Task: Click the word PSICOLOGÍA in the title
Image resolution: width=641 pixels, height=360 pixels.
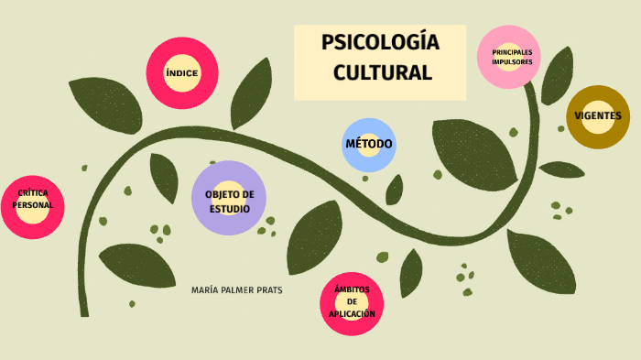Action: pyautogui.click(x=380, y=43)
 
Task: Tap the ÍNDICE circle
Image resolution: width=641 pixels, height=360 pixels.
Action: pyautogui.click(x=181, y=73)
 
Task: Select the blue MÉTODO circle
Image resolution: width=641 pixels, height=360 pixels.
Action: pyautogui.click(x=369, y=145)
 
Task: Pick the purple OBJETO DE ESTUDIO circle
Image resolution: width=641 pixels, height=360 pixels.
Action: pyautogui.click(x=229, y=199)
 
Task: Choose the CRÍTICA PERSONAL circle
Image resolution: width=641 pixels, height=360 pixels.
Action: pyautogui.click(x=33, y=199)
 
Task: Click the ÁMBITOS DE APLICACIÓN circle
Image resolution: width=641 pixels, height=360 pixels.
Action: pyautogui.click(x=352, y=302)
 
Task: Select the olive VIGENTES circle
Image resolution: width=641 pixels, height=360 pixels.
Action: pyautogui.click(x=598, y=116)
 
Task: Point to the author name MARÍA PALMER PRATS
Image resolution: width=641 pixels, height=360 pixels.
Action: pyautogui.click(x=237, y=289)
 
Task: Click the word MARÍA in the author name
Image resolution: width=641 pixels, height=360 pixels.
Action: pyautogui.click(x=204, y=289)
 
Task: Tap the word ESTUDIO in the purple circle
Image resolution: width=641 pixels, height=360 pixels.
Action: pyautogui.click(x=229, y=209)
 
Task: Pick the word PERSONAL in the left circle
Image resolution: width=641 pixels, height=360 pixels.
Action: pyautogui.click(x=33, y=205)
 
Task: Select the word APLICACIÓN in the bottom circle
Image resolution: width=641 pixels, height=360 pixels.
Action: pyautogui.click(x=352, y=313)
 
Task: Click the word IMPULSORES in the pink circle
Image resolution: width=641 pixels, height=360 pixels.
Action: pyautogui.click(x=512, y=62)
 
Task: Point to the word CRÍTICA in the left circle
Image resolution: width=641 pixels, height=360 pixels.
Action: pyautogui.click(x=33, y=193)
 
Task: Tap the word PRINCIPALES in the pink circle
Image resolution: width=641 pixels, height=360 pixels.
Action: pyautogui.click(x=512, y=52)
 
